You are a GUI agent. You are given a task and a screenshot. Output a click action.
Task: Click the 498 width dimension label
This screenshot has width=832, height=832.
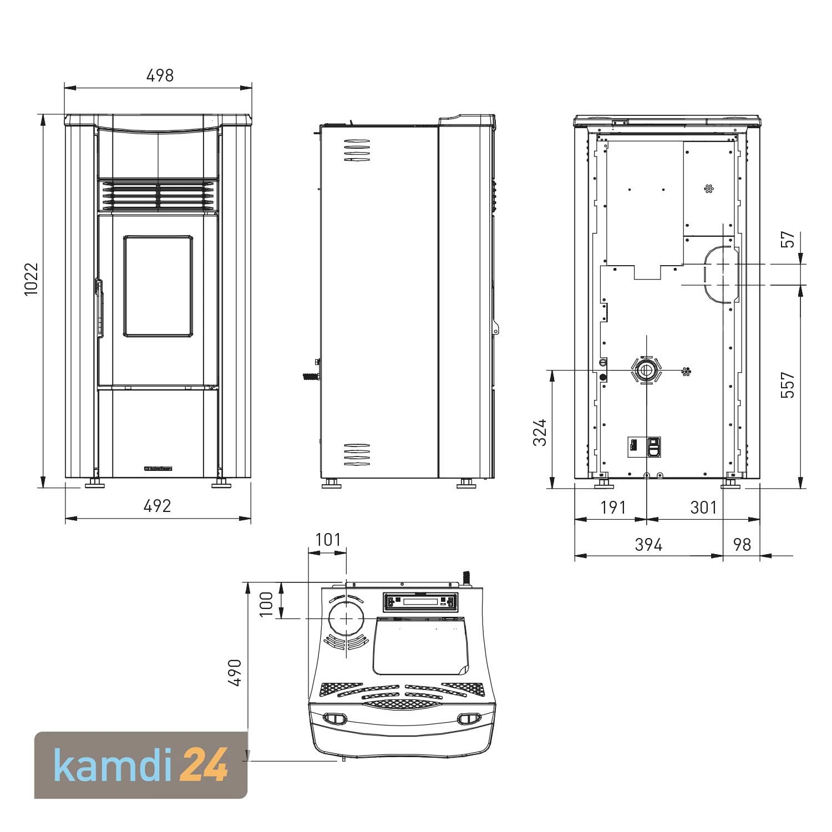pos(160,75)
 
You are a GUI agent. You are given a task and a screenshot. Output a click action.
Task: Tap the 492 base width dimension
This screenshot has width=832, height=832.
pos(158,506)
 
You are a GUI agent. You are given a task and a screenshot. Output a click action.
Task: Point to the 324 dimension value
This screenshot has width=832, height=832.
pos(540,433)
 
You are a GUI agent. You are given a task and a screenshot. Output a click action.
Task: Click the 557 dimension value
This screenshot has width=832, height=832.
pos(787,385)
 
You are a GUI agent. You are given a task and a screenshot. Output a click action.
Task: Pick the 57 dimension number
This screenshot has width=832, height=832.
pos(788,239)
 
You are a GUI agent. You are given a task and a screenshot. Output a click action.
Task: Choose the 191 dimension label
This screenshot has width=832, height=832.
pos(613,508)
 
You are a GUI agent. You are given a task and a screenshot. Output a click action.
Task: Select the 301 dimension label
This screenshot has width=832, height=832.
pos(703,508)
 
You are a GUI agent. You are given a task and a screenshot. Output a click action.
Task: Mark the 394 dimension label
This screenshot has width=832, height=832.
pos(648,545)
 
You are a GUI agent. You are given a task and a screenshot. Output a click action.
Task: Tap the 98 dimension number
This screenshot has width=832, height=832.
pos(742,545)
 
